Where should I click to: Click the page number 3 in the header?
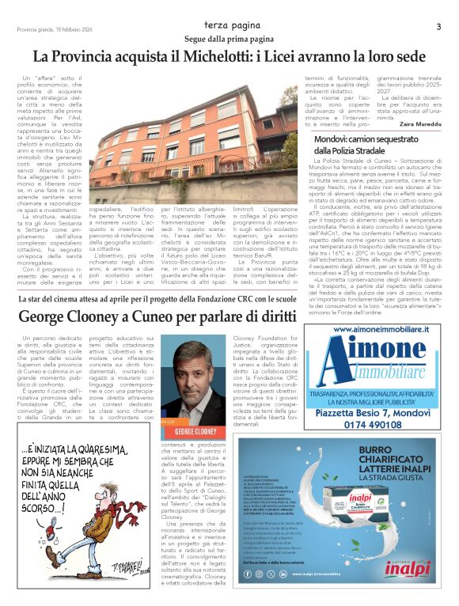tap(438, 26)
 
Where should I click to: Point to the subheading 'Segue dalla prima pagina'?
tap(229, 39)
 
